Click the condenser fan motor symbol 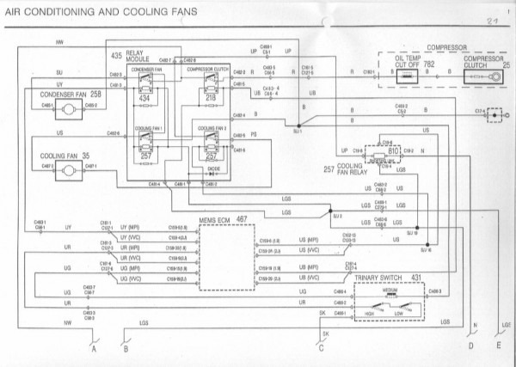(66, 105)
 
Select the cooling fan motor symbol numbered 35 (65, 170)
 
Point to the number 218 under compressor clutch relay (211, 100)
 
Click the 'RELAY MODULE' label (139, 57)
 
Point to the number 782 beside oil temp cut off (427, 64)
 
